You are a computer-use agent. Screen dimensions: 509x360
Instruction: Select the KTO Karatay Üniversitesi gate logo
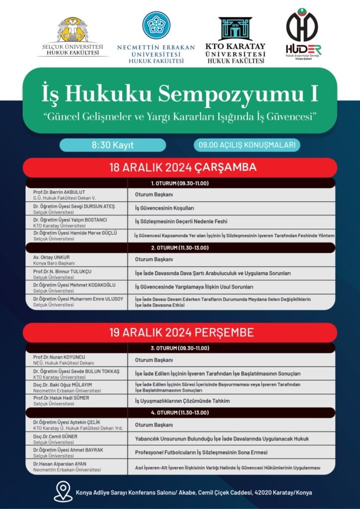click(235, 29)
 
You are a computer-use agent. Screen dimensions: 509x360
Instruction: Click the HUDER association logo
click(302, 27)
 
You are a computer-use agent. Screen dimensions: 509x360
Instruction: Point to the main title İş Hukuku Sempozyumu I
click(180, 93)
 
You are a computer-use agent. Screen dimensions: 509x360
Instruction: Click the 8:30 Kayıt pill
click(113, 145)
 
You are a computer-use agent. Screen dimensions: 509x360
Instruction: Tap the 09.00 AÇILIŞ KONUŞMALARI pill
click(247, 145)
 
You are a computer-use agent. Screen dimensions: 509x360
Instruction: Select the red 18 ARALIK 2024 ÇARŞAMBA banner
click(180, 168)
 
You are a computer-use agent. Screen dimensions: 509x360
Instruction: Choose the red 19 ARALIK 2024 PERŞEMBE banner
click(180, 332)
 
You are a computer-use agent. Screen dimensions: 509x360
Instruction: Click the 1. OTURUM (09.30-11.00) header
click(180, 183)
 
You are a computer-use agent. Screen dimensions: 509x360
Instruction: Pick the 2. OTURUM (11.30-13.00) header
click(180, 248)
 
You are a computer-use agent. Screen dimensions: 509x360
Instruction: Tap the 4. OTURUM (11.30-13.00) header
click(180, 413)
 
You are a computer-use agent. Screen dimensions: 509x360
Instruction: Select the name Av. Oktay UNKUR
click(52, 257)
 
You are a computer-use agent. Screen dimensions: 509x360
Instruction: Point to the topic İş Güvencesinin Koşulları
click(164, 208)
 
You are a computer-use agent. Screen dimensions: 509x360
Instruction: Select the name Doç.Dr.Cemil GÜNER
click(55, 436)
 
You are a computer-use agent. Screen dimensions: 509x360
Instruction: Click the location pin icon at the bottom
click(63, 491)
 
